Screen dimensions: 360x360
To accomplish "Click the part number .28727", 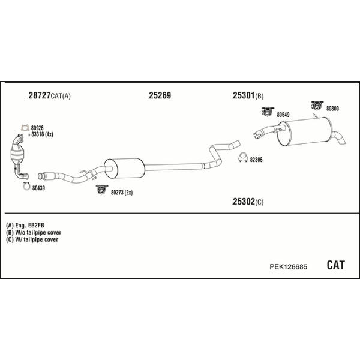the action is [39, 95].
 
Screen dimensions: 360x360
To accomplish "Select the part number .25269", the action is [160, 95].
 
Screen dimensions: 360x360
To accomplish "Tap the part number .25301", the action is [243, 95].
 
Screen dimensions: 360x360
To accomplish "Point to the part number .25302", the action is [243, 202].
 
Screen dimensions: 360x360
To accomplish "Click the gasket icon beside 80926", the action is [25, 128].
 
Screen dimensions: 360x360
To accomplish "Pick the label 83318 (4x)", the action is [42, 134].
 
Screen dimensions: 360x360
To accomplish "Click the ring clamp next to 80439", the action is [26, 186].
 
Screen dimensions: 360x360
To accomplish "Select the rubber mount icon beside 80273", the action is [102, 189].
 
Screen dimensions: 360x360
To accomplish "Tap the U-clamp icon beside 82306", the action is [242, 157].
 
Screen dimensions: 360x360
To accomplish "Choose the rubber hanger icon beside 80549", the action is [268, 112].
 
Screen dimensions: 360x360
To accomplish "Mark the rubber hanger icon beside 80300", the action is [317, 106].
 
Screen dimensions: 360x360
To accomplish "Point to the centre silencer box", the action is [125, 168].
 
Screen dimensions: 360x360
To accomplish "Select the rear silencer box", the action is [305, 131].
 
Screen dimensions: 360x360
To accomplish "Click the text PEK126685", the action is [288, 267].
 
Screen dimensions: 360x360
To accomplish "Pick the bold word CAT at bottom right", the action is [335, 265].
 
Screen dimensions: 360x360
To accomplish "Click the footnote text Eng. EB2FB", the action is [29, 225].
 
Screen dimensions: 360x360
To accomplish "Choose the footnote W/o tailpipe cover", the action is [38, 232].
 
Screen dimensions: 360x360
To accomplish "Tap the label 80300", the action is [332, 109].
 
